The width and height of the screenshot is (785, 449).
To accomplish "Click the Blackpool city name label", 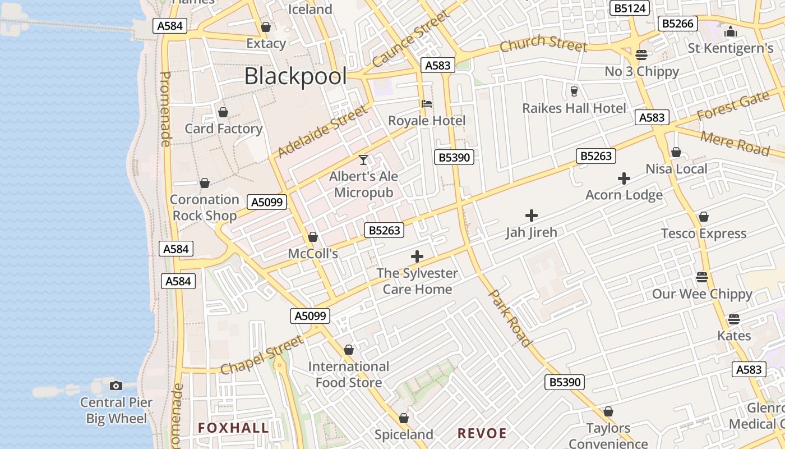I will [x=295, y=76].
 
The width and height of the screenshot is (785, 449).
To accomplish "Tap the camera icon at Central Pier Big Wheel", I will [x=116, y=386].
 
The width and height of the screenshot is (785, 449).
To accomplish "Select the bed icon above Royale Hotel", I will [x=427, y=104].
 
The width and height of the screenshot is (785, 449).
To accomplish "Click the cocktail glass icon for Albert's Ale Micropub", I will [x=363, y=160].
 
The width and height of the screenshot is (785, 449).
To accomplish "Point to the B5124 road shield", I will [x=630, y=8].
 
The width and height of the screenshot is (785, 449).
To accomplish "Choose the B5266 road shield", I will [x=678, y=24].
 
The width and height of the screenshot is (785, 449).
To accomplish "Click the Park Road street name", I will [x=510, y=318].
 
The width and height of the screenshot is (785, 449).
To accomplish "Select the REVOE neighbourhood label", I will [x=482, y=433].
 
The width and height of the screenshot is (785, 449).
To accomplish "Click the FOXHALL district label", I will [x=233, y=428].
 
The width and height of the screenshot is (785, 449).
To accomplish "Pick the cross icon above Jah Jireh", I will [x=532, y=215].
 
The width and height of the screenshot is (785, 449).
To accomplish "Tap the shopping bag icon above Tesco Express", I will [x=704, y=217].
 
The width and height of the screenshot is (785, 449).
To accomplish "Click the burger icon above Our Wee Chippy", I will [x=702, y=277].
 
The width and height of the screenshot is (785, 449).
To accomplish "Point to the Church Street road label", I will [x=543, y=44].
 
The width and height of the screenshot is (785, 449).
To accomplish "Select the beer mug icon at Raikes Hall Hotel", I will [x=574, y=91].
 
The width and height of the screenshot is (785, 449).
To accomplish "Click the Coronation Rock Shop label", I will [x=205, y=208].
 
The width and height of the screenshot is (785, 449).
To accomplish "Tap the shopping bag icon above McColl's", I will [x=313, y=237].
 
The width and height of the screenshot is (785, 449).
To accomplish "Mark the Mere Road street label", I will [x=735, y=143].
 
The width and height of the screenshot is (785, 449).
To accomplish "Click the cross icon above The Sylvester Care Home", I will [x=417, y=256].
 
